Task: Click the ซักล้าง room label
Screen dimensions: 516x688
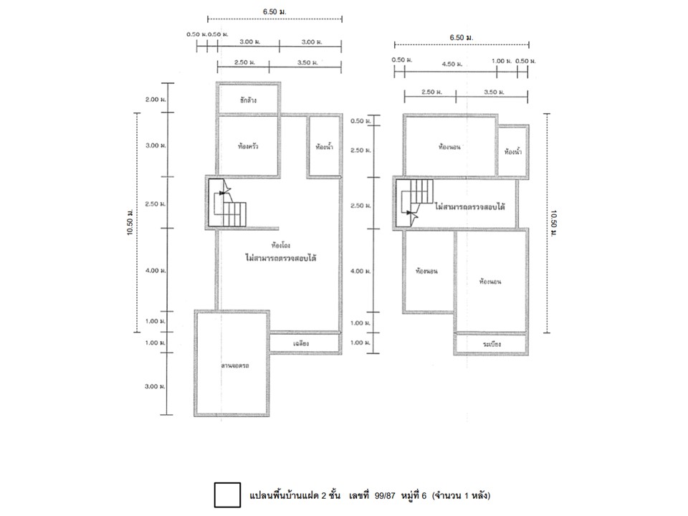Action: coord(249,100)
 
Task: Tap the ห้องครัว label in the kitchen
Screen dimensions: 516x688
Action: coord(249,146)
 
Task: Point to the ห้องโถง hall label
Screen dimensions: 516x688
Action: coord(271,244)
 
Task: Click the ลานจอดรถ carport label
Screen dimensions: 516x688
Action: coord(234,366)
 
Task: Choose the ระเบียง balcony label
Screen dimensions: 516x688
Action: coord(492,345)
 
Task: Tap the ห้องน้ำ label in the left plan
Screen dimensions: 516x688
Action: coord(323,147)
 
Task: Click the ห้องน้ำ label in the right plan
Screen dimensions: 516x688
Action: coord(513,152)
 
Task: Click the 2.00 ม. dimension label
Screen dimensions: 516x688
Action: coord(156,100)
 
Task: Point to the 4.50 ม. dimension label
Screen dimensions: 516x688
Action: coord(451,63)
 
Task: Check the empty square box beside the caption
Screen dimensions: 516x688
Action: coord(227,495)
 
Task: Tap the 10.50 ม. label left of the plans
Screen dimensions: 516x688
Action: coord(132,222)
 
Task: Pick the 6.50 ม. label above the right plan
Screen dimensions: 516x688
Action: coord(462,37)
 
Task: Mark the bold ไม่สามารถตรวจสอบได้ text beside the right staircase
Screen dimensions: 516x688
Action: coord(470,206)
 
